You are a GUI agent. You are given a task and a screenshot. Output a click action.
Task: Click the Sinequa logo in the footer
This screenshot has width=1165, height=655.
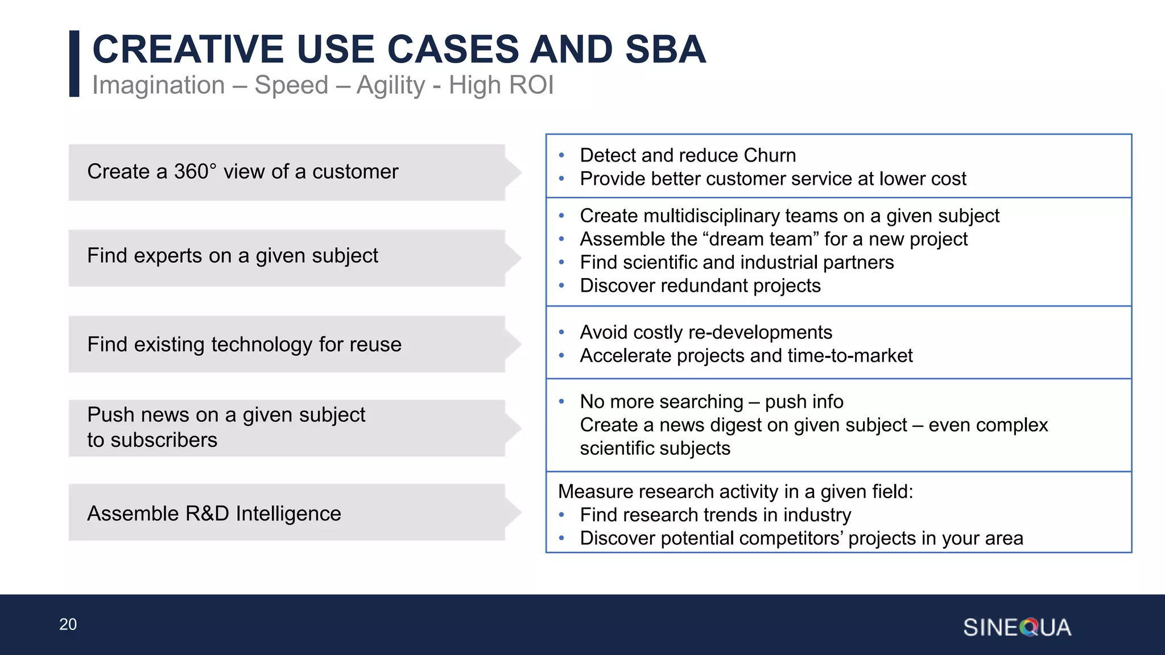click(x=1017, y=627)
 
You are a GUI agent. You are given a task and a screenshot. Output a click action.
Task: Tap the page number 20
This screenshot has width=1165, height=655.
click(x=68, y=624)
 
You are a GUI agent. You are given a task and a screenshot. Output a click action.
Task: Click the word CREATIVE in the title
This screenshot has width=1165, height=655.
click(x=188, y=49)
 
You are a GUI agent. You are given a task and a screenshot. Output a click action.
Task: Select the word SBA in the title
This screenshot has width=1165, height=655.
click(x=665, y=49)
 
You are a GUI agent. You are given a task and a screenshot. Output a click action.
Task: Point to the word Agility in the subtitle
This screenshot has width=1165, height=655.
click(x=391, y=86)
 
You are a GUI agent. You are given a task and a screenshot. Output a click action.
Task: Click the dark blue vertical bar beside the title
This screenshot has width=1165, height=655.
click(x=74, y=64)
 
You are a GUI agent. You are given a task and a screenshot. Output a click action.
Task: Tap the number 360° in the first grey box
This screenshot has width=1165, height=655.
click(x=195, y=172)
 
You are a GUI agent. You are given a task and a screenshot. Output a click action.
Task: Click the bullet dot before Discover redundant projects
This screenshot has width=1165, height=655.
click(x=561, y=286)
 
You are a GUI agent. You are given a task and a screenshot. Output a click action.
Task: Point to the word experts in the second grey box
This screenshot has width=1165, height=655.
click(x=167, y=256)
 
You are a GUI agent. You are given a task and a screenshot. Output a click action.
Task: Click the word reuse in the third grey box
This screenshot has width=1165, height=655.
click(x=375, y=345)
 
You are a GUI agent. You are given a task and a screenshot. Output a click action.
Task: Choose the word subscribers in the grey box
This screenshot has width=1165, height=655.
click(x=164, y=441)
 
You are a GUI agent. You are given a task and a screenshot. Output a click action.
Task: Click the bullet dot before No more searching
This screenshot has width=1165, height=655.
click(x=561, y=402)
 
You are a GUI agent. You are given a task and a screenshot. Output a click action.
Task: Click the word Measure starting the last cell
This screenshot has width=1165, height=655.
click(x=594, y=492)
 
